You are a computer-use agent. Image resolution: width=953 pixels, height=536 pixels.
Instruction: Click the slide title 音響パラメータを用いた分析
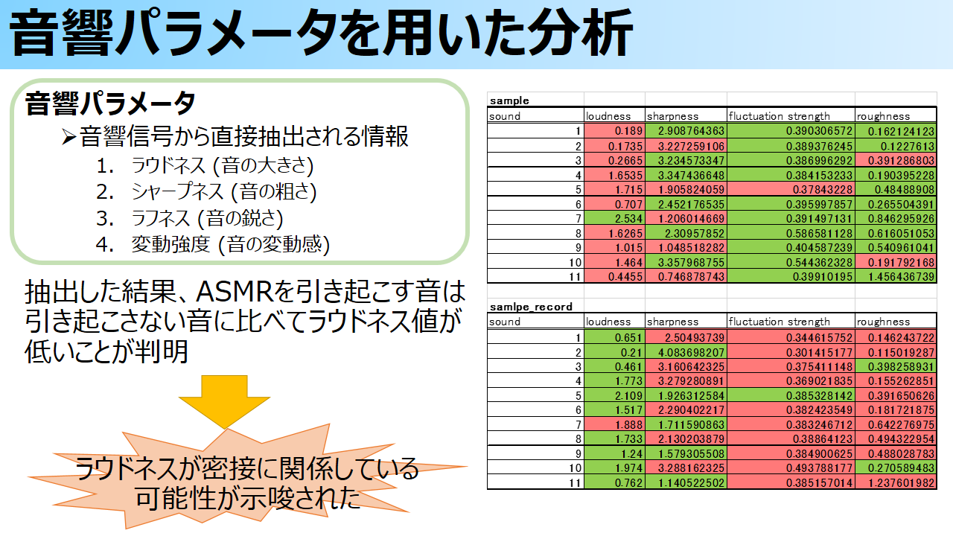pyautogui.click(x=321, y=34)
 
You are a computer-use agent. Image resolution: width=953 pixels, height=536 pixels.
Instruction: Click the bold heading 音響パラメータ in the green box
pyautogui.click(x=110, y=103)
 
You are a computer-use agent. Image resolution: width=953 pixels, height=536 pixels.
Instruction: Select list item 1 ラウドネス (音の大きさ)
pyautogui.click(x=205, y=165)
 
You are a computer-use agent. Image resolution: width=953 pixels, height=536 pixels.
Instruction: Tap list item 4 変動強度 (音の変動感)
pyautogui.click(x=213, y=245)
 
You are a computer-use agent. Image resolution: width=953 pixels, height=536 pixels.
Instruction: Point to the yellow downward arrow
pyautogui.click(x=224, y=401)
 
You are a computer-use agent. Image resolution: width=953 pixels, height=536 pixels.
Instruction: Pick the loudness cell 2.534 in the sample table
pyautogui.click(x=614, y=219)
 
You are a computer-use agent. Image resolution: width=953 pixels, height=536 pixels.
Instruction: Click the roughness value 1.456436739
pyautogui.click(x=896, y=276)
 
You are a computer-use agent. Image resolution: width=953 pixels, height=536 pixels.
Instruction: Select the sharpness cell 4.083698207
pyautogui.click(x=686, y=352)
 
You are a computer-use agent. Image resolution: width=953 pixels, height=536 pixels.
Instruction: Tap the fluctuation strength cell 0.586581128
pyautogui.click(x=791, y=233)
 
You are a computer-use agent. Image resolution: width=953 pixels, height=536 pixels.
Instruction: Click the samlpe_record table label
pyautogui.click(x=531, y=307)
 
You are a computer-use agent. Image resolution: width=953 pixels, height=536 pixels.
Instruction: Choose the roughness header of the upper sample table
pyautogui.click(x=883, y=116)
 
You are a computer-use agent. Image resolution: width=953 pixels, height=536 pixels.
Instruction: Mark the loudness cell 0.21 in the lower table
pyautogui.click(x=614, y=352)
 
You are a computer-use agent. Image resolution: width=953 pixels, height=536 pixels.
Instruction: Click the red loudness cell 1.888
pyautogui.click(x=614, y=424)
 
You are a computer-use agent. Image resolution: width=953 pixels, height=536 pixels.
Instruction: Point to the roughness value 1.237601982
pyautogui.click(x=896, y=483)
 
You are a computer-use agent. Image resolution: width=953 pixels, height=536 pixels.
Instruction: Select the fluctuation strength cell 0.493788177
pyautogui.click(x=791, y=468)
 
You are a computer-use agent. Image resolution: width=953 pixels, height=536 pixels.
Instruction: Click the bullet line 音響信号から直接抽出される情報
pyautogui.click(x=243, y=136)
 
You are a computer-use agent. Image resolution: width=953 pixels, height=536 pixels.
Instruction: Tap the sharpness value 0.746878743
pyautogui.click(x=686, y=276)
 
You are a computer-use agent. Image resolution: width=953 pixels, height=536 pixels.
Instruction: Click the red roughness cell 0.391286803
pyautogui.click(x=896, y=160)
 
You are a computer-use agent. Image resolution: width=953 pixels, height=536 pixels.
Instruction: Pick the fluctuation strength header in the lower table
pyautogui.click(x=779, y=322)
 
